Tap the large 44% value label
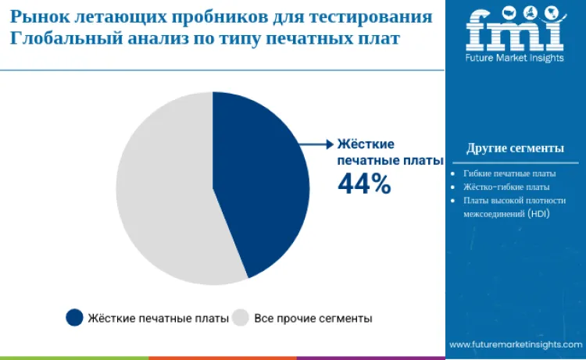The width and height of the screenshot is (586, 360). tap(363, 183)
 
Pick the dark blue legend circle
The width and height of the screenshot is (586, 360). tap(75, 318)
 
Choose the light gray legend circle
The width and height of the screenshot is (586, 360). tap(241, 318)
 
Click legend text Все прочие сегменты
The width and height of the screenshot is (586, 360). tap(313, 319)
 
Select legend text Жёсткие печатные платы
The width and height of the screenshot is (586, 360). tap(159, 319)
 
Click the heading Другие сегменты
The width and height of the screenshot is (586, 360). tap(515, 148)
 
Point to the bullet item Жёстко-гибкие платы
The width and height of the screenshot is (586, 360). tap(506, 187)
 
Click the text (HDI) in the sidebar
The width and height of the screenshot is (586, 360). tap(539, 213)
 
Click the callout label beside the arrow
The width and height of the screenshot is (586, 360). tap(377, 151)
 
